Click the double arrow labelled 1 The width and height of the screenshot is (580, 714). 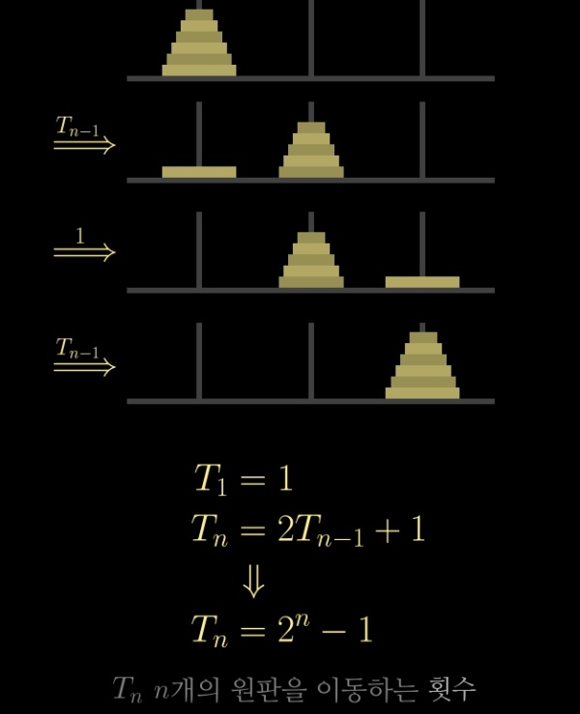coord(84,251)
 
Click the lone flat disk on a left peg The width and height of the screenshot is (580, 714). coord(199,172)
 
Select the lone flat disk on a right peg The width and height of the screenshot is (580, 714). coord(422,282)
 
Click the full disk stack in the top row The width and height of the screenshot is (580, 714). coord(199,45)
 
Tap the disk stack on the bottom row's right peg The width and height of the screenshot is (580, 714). coord(422,367)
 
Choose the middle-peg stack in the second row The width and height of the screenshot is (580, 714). coord(310,151)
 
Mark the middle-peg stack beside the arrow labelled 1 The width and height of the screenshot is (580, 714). coord(310,261)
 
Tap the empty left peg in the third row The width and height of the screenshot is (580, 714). coord(199,248)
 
